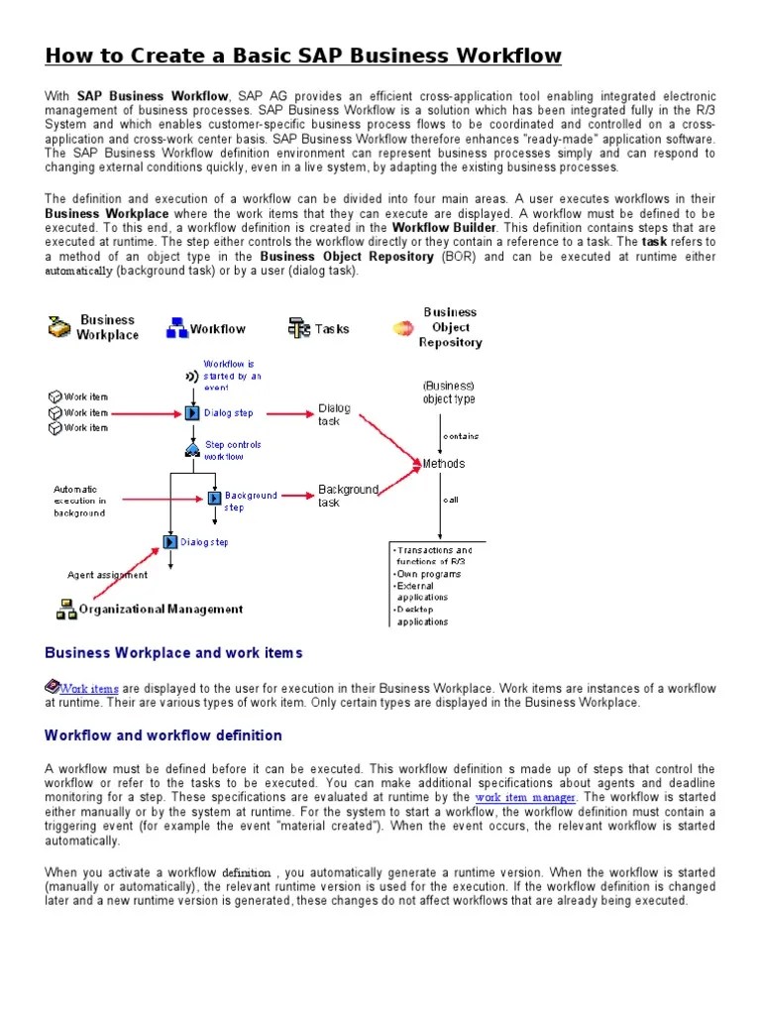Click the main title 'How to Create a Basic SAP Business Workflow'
(303, 56)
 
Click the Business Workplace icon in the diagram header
(59, 327)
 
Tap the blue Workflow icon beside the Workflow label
(176, 329)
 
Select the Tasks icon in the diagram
(299, 328)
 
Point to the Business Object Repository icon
(403, 328)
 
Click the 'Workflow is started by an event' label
(232, 376)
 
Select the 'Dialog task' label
(334, 414)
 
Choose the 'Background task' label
(348, 496)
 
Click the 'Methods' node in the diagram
(443, 463)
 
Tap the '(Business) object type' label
(448, 393)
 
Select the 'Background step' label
(251, 501)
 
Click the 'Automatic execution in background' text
(80, 501)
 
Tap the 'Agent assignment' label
(107, 575)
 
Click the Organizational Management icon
(66, 610)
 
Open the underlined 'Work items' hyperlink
(89, 689)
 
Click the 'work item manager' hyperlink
(525, 797)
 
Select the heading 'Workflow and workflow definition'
(163, 735)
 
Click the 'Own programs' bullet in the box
(429, 574)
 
